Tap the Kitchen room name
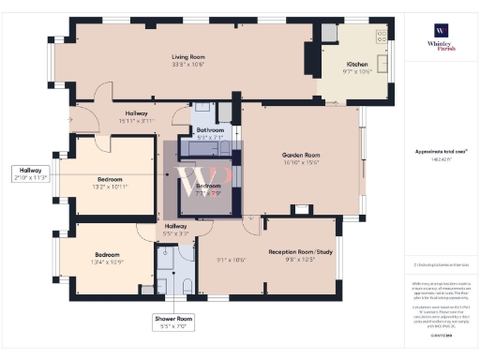[x=358, y=64]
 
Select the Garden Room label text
[x=301, y=155]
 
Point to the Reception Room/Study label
[x=301, y=251]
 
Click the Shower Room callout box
[x=173, y=322]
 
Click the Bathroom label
[x=210, y=129]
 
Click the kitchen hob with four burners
[x=328, y=35]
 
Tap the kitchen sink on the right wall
[x=382, y=37]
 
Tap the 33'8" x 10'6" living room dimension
[x=187, y=65]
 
